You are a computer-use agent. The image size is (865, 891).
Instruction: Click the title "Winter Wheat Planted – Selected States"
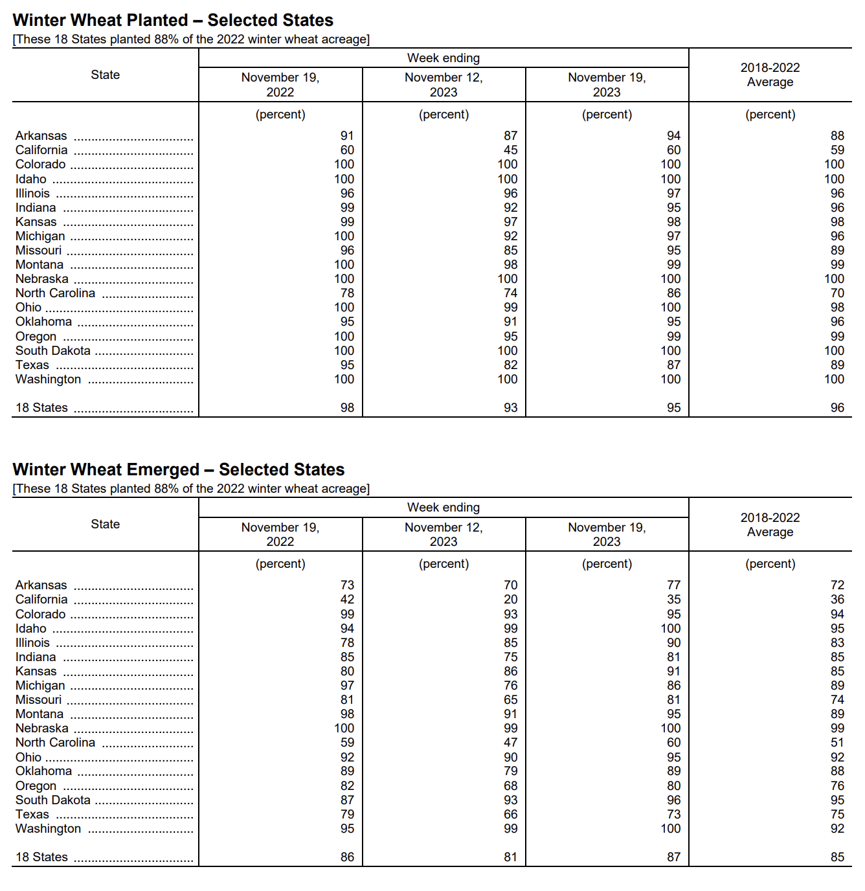173,20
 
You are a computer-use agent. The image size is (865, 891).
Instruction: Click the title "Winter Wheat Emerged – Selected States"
178,469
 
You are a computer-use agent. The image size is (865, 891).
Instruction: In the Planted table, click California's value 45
510,150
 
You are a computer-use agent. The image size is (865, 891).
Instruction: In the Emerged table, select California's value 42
347,600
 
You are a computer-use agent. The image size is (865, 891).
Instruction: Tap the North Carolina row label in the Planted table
55,293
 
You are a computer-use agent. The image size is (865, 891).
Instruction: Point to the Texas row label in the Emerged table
32,815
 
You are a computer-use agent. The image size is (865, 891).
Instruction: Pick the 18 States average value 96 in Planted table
837,408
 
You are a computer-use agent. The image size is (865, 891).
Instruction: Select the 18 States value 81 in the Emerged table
510,857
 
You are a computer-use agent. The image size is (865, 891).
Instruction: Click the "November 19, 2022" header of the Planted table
280,85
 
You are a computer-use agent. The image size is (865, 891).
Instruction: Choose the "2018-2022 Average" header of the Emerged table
770,524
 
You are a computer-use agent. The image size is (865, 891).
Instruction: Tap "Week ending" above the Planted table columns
444,58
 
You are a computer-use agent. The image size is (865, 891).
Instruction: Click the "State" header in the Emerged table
106,524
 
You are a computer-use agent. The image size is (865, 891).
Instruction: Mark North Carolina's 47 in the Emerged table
510,743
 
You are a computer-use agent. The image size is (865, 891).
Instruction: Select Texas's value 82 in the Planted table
510,365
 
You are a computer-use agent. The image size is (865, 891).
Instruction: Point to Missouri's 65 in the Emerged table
510,700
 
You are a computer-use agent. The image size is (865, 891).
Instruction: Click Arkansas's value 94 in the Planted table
673,136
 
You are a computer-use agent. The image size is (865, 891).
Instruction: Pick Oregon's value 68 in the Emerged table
510,786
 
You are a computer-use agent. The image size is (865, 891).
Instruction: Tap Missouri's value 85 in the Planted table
510,251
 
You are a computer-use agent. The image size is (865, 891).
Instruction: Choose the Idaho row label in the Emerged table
31,629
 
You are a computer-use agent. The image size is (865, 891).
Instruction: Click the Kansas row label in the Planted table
36,222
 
